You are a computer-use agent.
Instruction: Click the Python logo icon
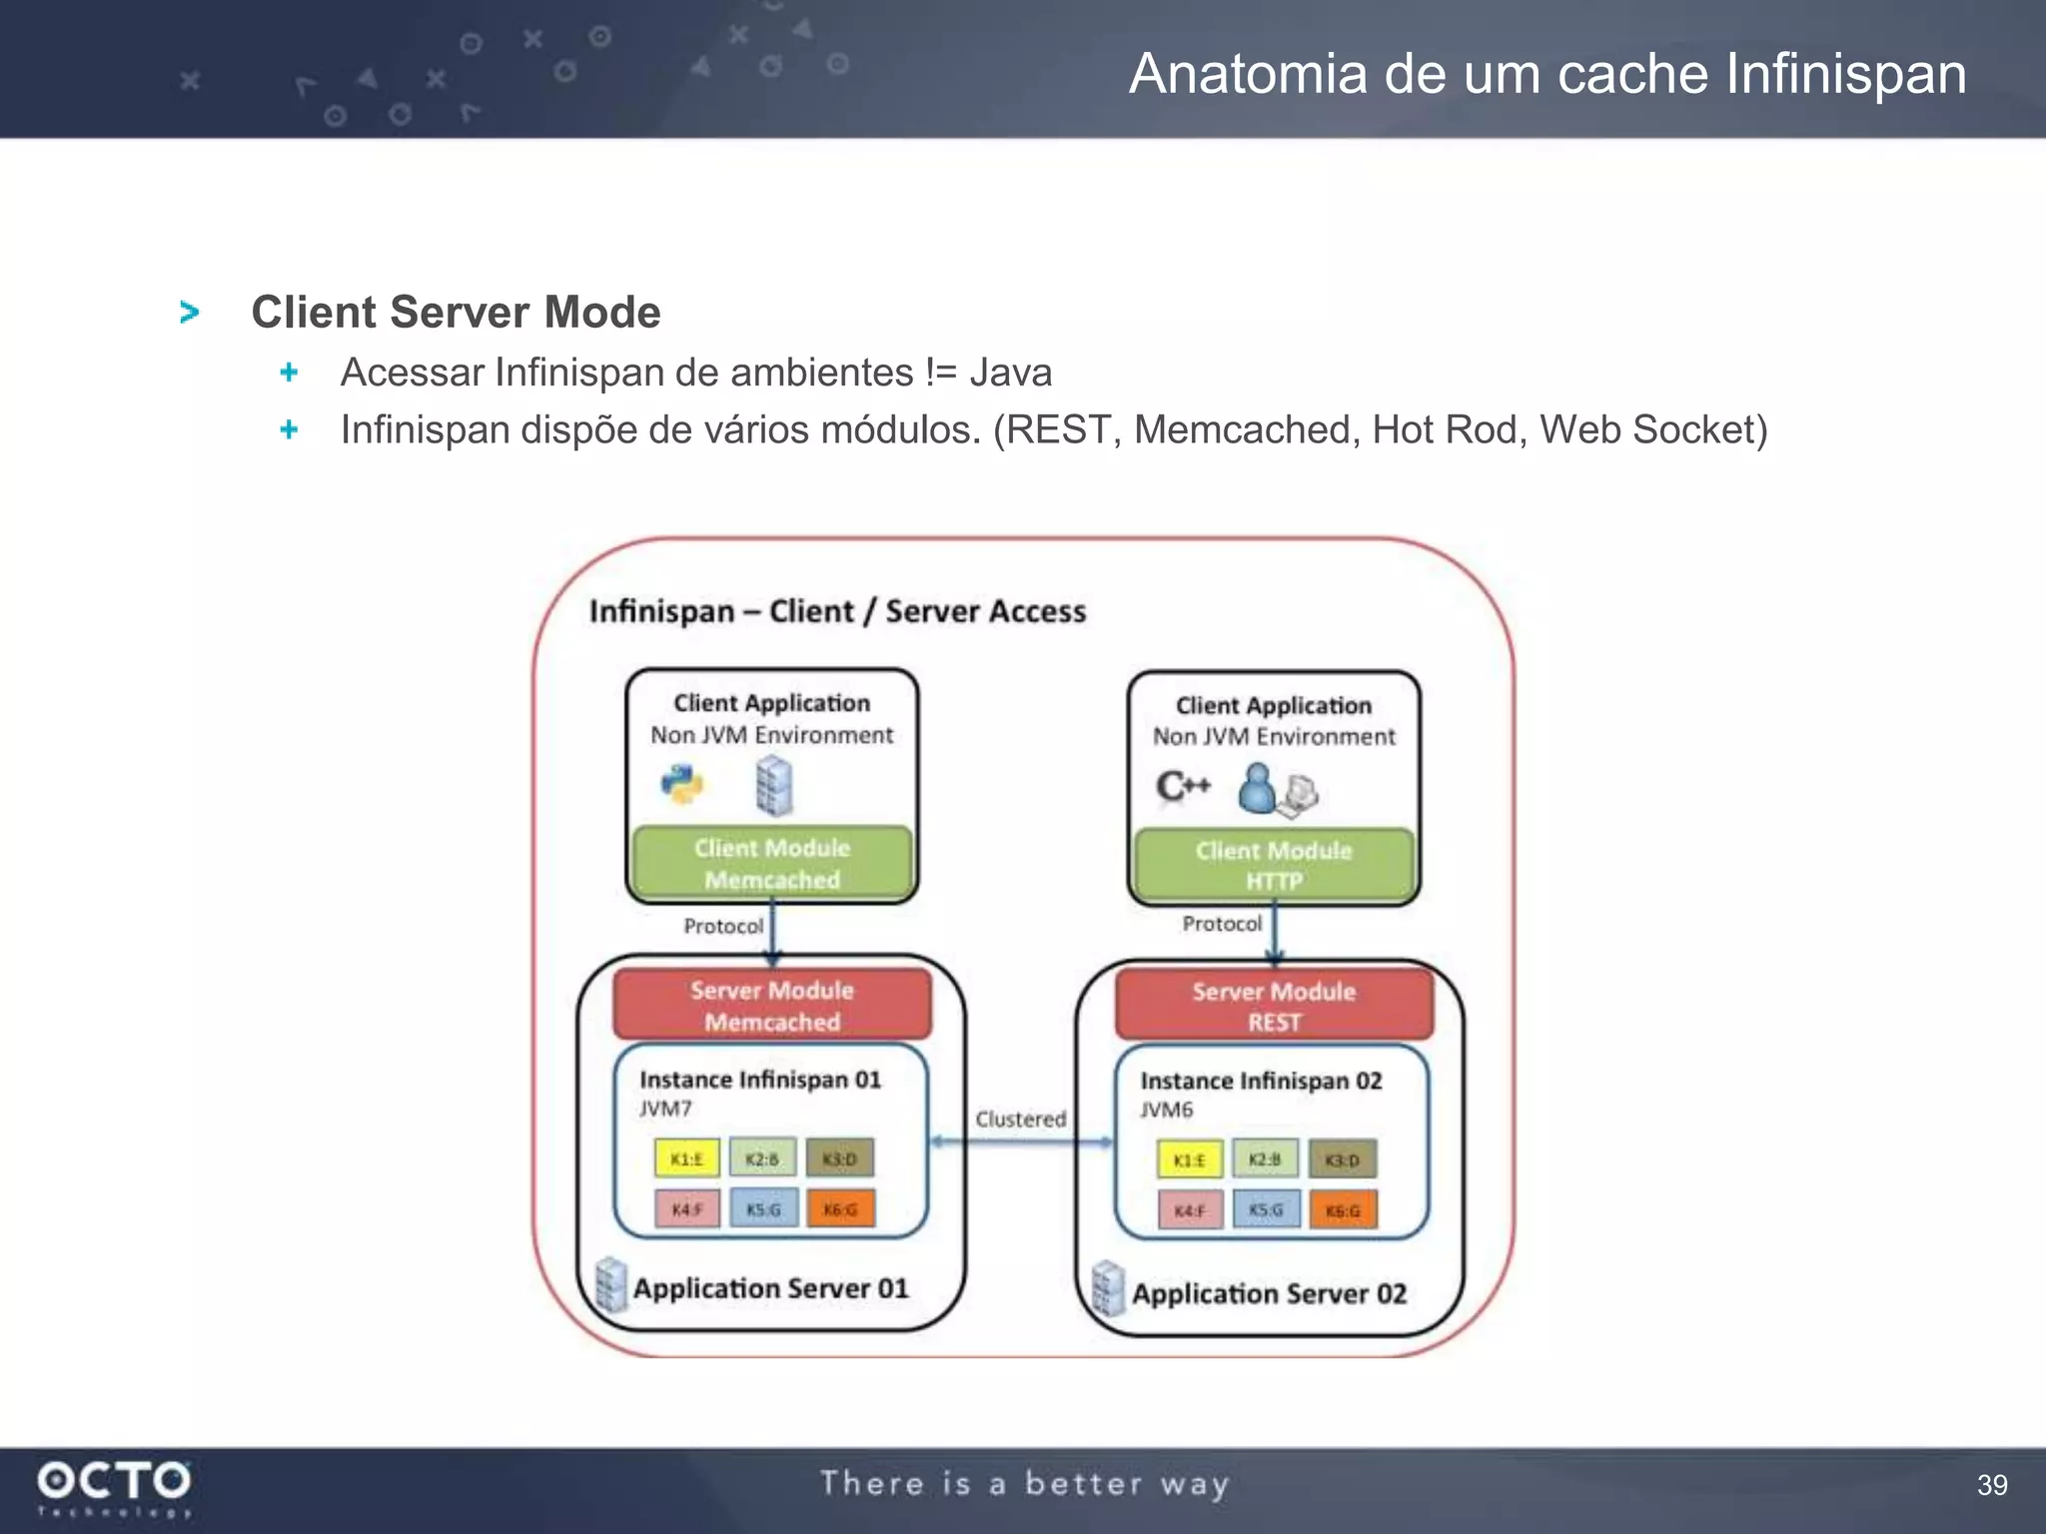(x=682, y=785)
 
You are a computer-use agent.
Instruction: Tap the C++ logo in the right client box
(x=1183, y=787)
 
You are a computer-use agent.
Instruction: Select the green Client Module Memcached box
(x=772, y=863)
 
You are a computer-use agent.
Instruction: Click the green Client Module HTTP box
(x=1274, y=865)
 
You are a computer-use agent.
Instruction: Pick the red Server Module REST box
(x=1274, y=1006)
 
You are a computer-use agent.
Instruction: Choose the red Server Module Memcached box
(x=772, y=1005)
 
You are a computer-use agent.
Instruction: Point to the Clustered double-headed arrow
(x=1021, y=1142)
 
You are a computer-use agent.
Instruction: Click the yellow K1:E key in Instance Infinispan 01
(x=686, y=1158)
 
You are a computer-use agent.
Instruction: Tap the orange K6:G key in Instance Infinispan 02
(x=1343, y=1210)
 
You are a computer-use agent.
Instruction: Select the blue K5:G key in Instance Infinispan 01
(x=763, y=1209)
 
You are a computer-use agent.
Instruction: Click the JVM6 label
(x=1166, y=1110)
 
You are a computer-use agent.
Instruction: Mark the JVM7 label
(x=665, y=1109)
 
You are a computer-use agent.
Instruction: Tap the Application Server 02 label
(x=1269, y=1294)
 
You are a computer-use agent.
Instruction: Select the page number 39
(x=1992, y=1485)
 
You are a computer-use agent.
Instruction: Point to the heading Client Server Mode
(x=456, y=312)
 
